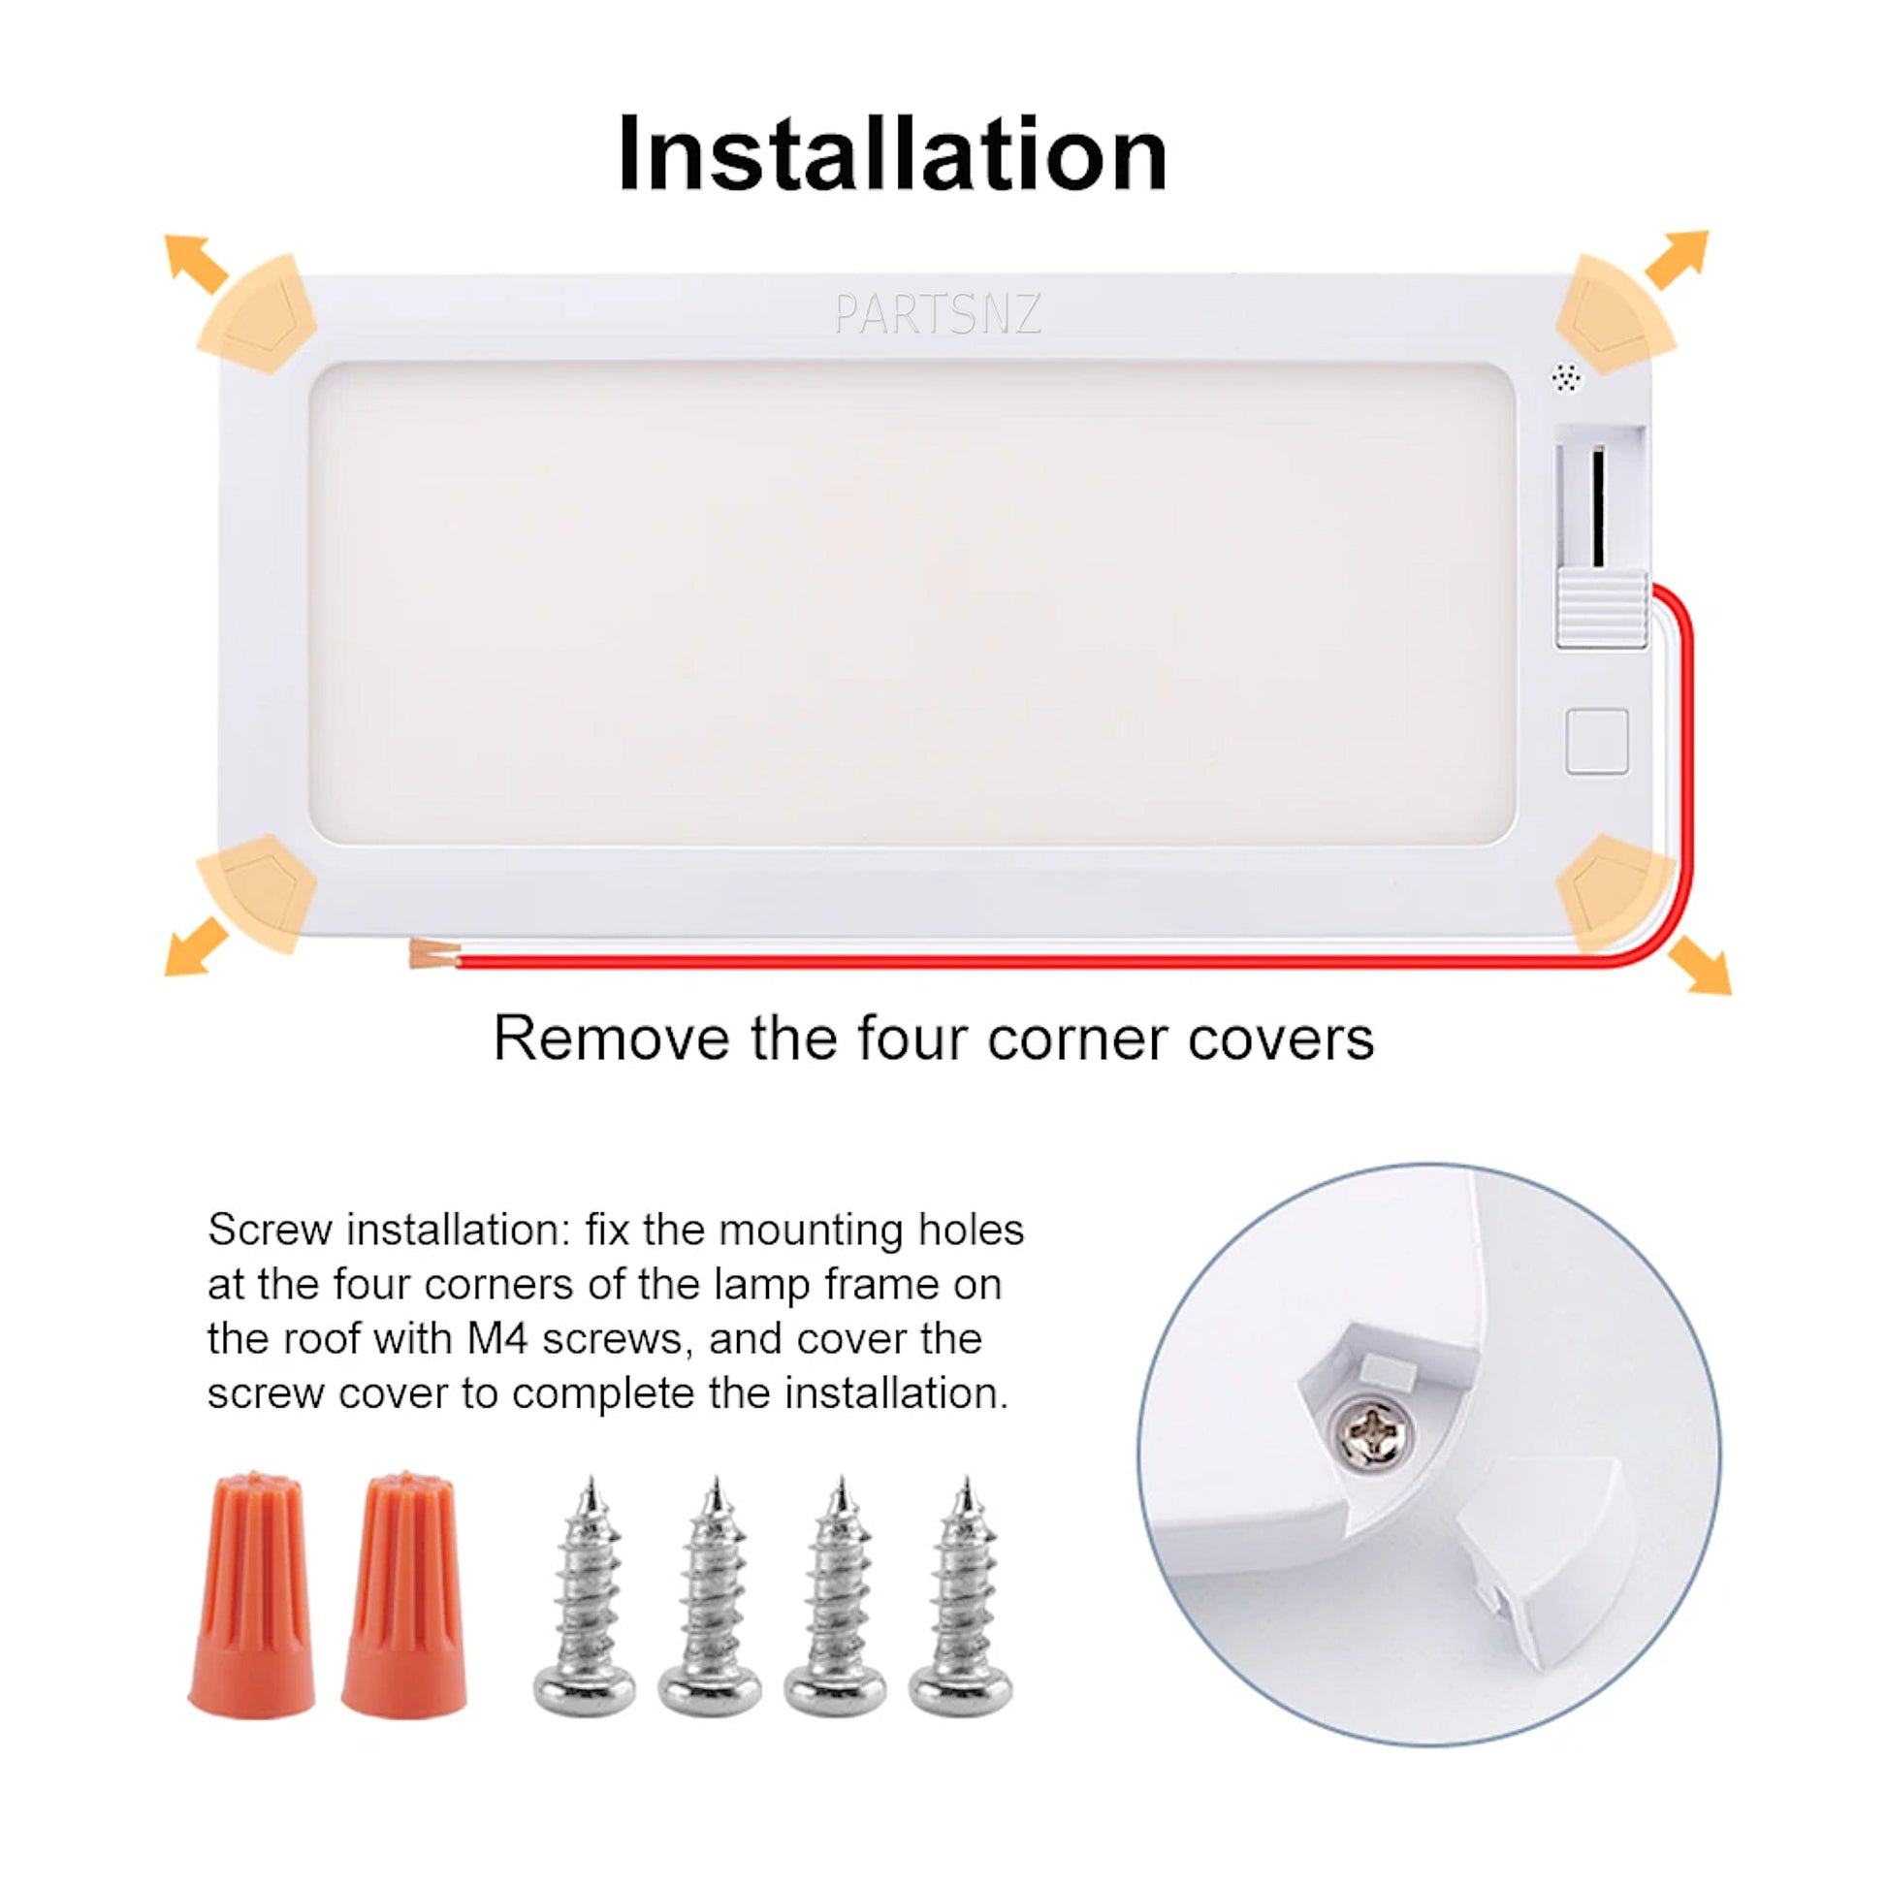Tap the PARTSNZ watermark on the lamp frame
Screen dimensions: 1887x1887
pyautogui.click(x=938, y=314)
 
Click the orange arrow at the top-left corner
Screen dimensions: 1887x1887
pyautogui.click(x=195, y=263)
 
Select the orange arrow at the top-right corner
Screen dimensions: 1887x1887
pyautogui.click(x=1677, y=259)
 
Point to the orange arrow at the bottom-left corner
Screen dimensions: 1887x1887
pyautogui.click(x=195, y=946)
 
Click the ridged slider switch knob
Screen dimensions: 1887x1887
pyautogui.click(x=1602, y=610)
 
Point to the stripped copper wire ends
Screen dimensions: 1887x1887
pyautogui.click(x=433, y=952)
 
